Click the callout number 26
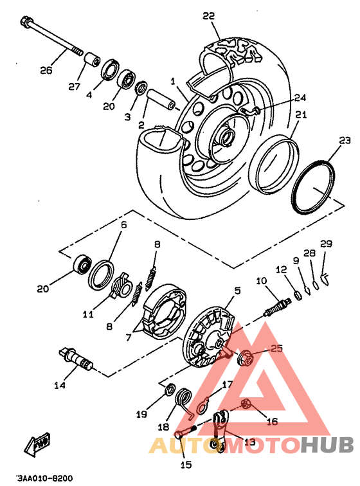click(x=46, y=70)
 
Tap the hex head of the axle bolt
click(x=25, y=22)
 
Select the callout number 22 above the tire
click(x=209, y=15)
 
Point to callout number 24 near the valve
click(x=300, y=98)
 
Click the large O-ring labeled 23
click(x=313, y=186)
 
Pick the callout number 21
click(x=301, y=114)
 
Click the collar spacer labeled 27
click(x=93, y=60)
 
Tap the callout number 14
click(x=60, y=385)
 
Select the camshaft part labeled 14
click(x=75, y=358)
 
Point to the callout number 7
click(x=129, y=337)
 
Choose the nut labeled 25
click(x=245, y=357)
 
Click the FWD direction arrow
click(x=38, y=443)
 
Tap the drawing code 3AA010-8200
click(x=44, y=478)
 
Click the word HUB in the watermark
click(x=327, y=445)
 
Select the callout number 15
click(x=186, y=465)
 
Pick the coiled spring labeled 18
click(x=184, y=401)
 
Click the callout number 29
click(x=326, y=244)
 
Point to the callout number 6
click(x=123, y=224)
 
